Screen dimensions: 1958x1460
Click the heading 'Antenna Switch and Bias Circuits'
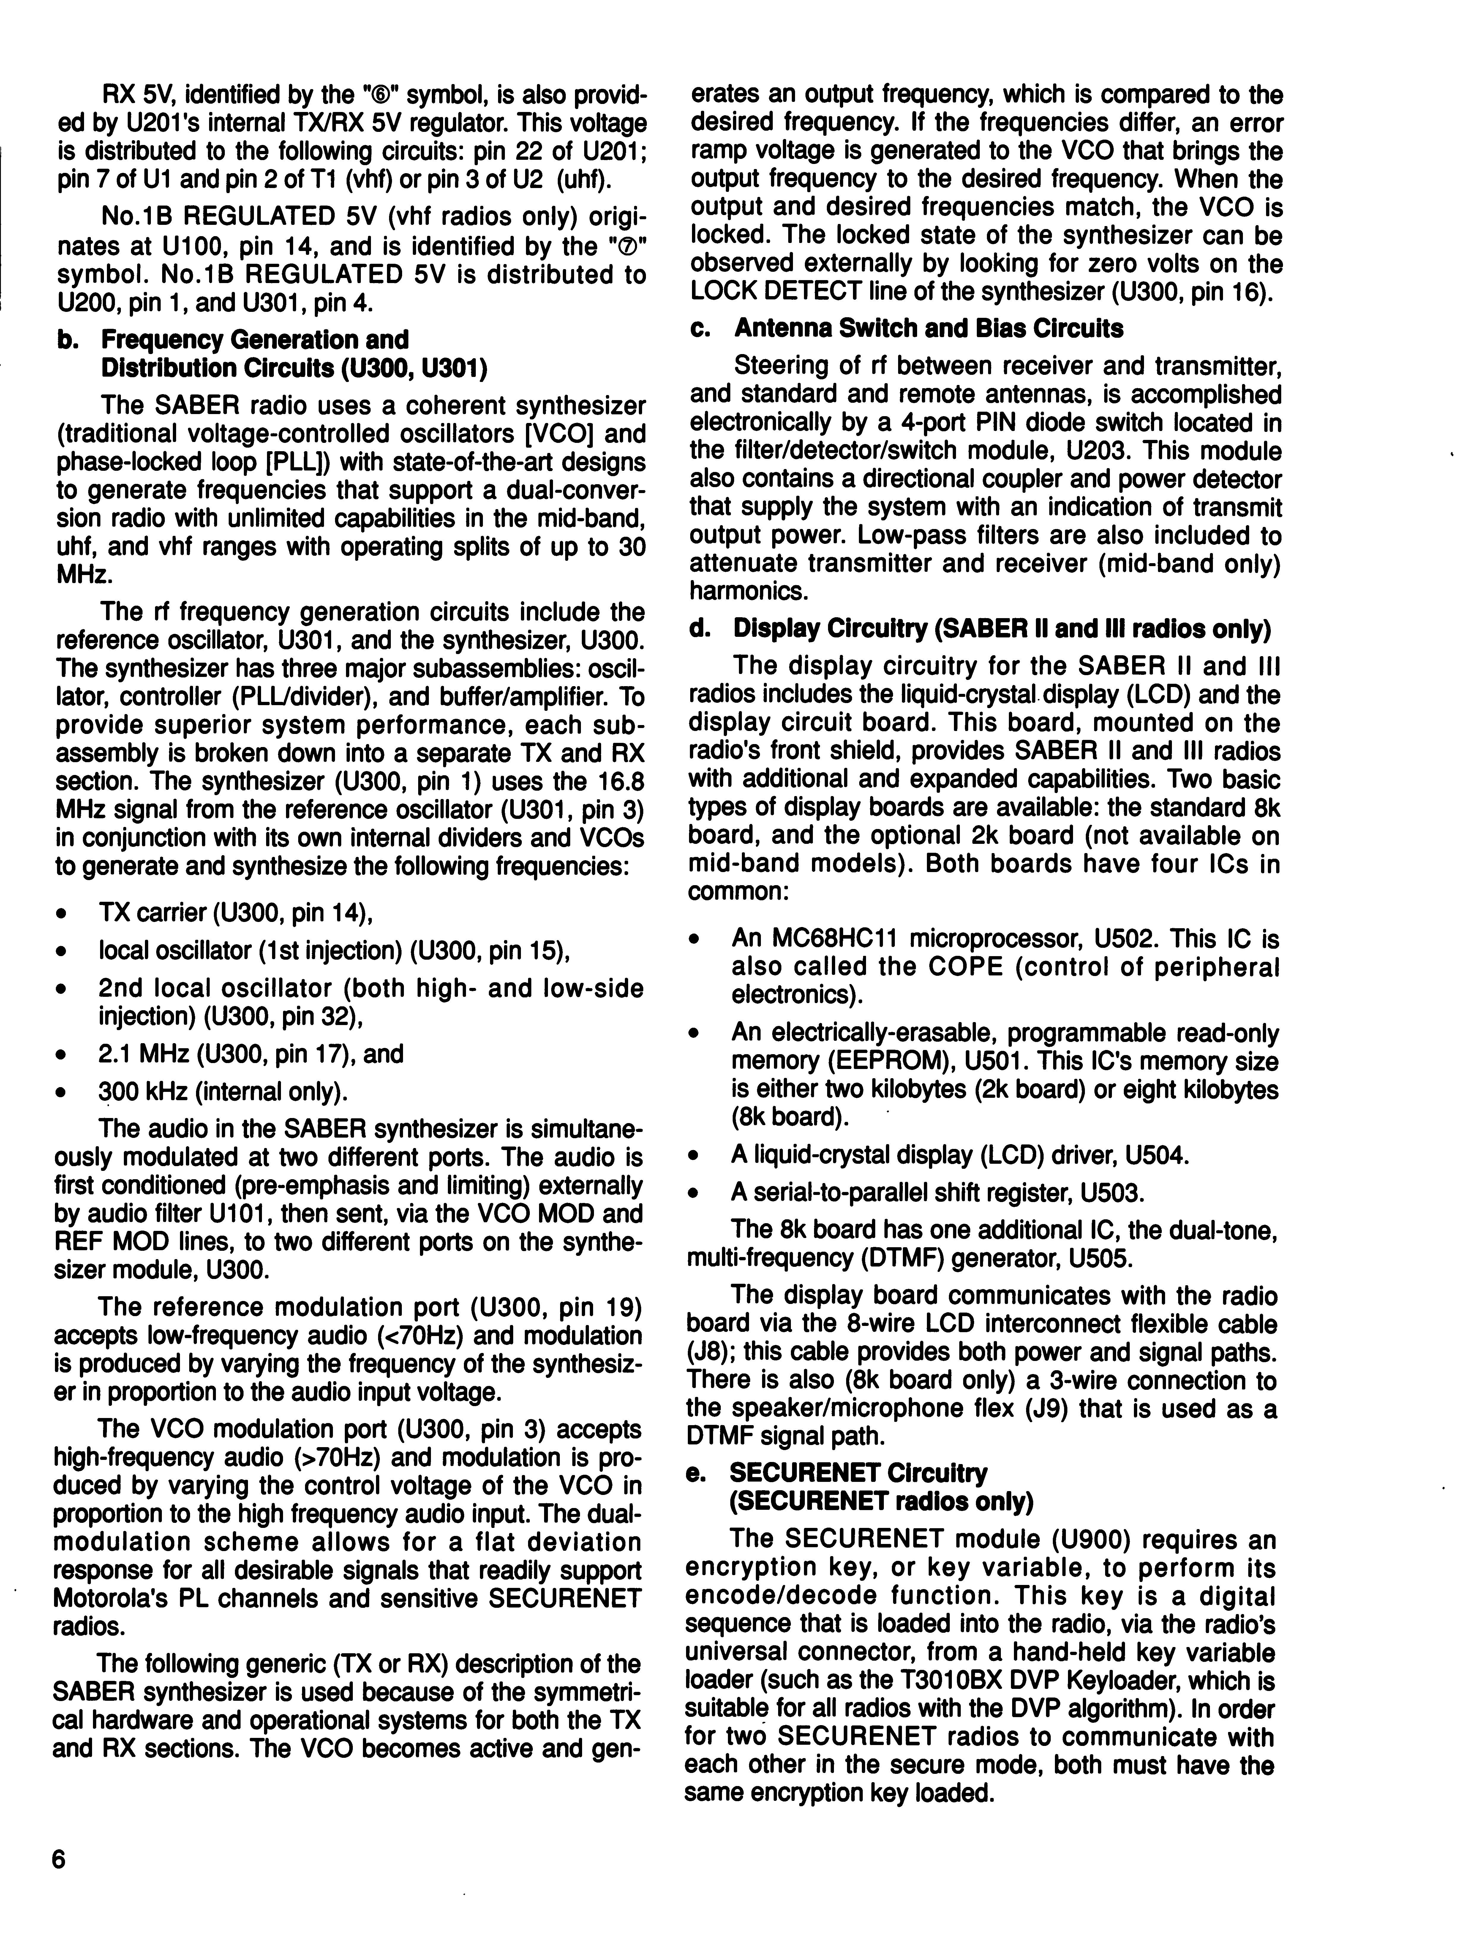tap(928, 329)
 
